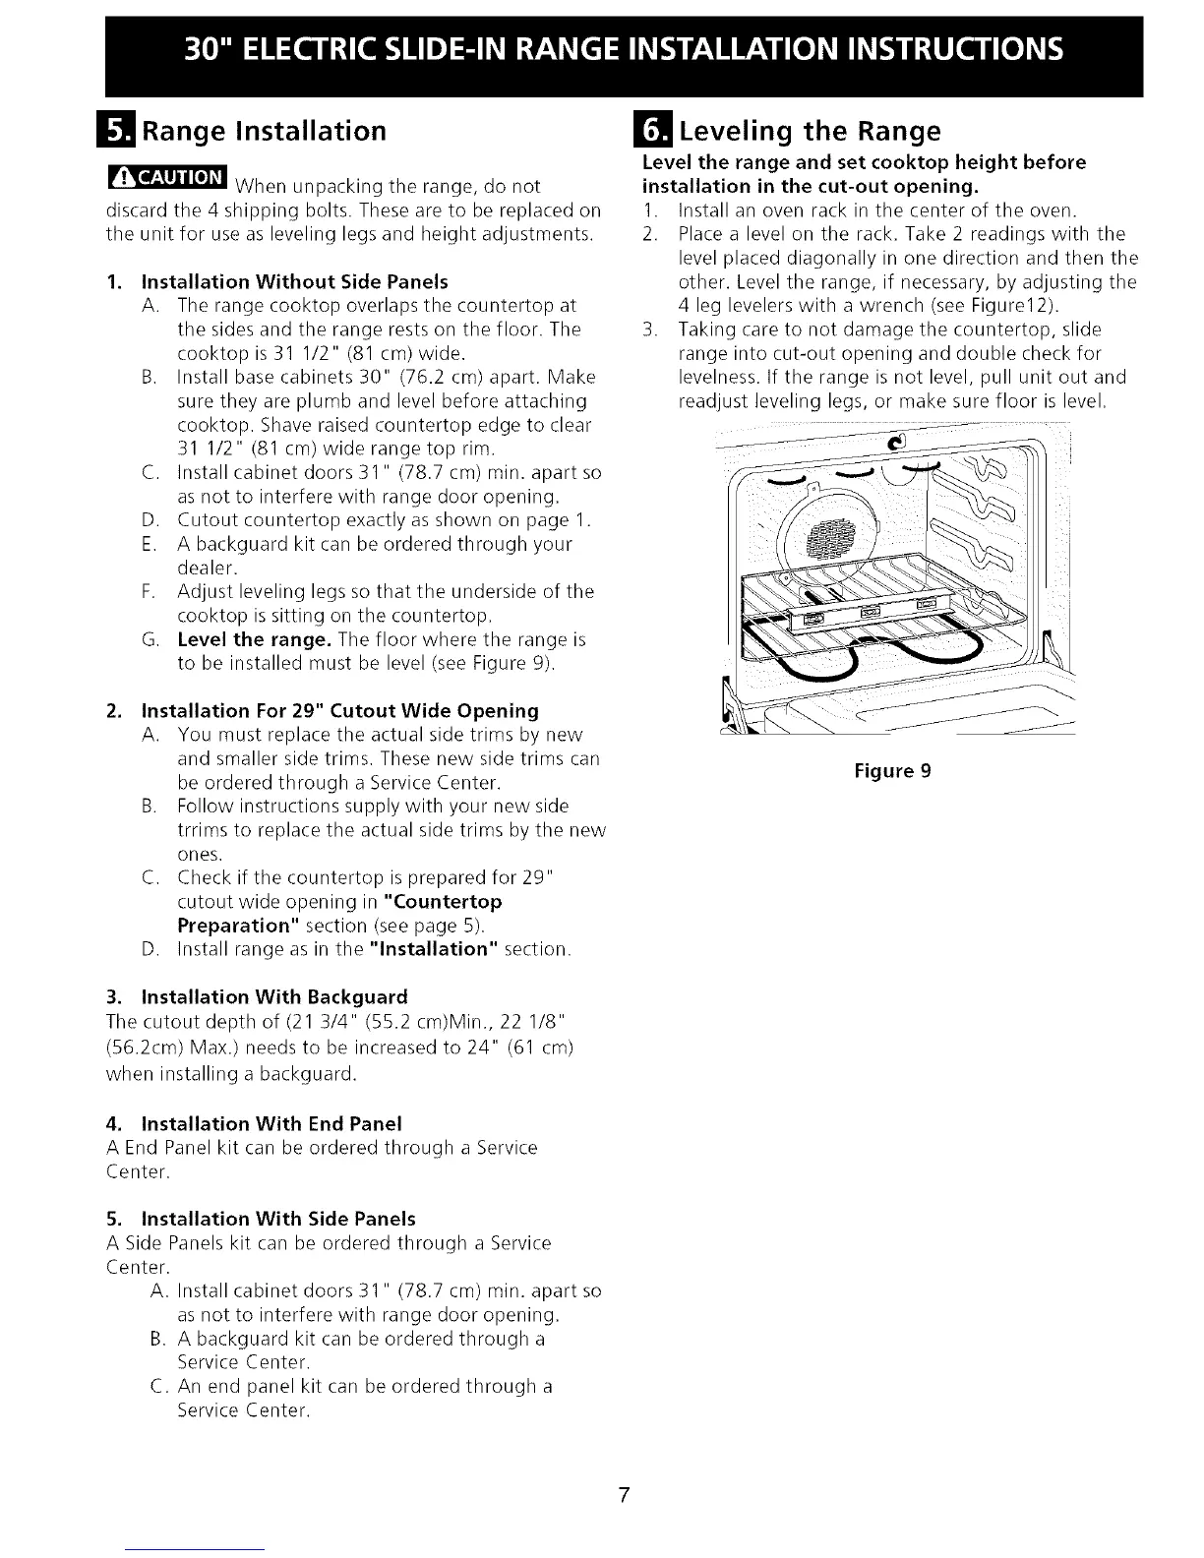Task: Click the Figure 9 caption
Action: [892, 771]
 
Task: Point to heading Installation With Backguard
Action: [274, 996]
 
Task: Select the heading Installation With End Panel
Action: [271, 1123]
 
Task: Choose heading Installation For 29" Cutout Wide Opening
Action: [339, 710]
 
